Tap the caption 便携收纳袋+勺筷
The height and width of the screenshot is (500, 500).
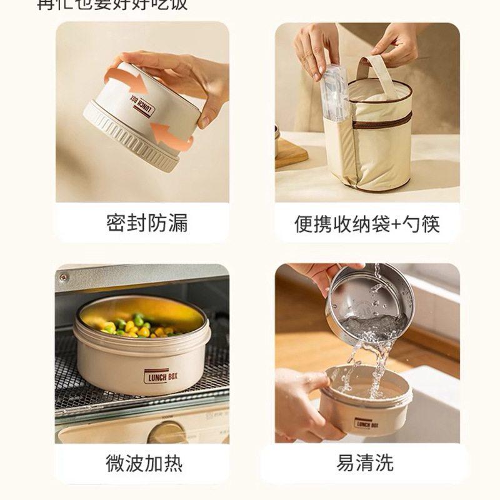(367, 223)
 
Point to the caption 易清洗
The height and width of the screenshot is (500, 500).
(365, 463)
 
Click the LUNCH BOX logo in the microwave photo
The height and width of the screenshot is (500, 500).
(164, 376)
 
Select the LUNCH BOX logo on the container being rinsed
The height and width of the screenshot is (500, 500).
(367, 424)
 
